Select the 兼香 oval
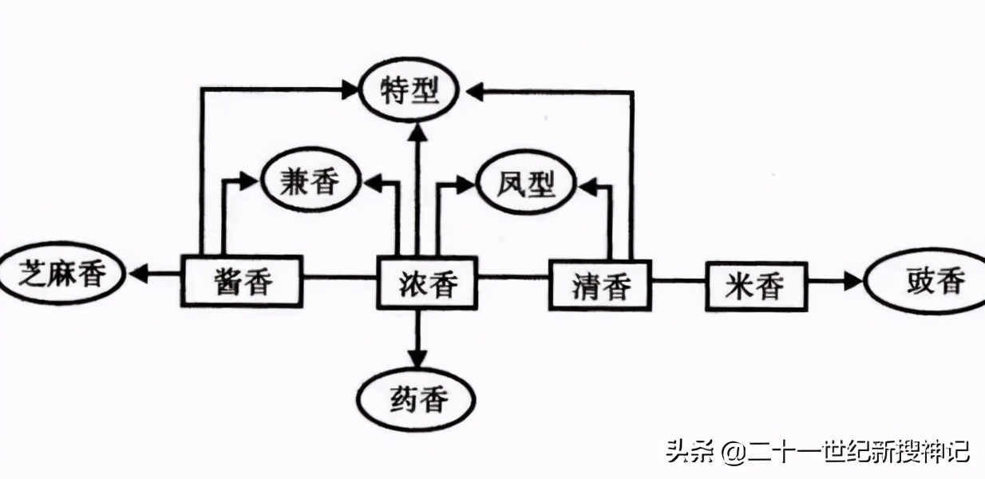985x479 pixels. pos(309,182)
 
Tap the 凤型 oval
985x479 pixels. pos(526,185)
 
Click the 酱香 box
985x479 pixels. pos(243,281)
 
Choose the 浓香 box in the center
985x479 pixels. pos(427,283)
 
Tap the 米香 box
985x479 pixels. pos(755,285)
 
